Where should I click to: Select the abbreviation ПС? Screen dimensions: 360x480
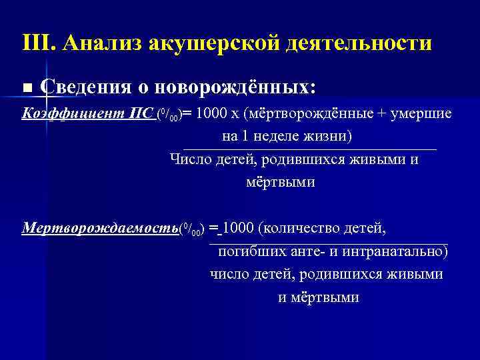142,113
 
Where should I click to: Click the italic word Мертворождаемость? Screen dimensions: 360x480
100,228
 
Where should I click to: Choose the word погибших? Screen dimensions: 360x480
249,252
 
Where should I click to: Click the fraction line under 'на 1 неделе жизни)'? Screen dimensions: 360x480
310,149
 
